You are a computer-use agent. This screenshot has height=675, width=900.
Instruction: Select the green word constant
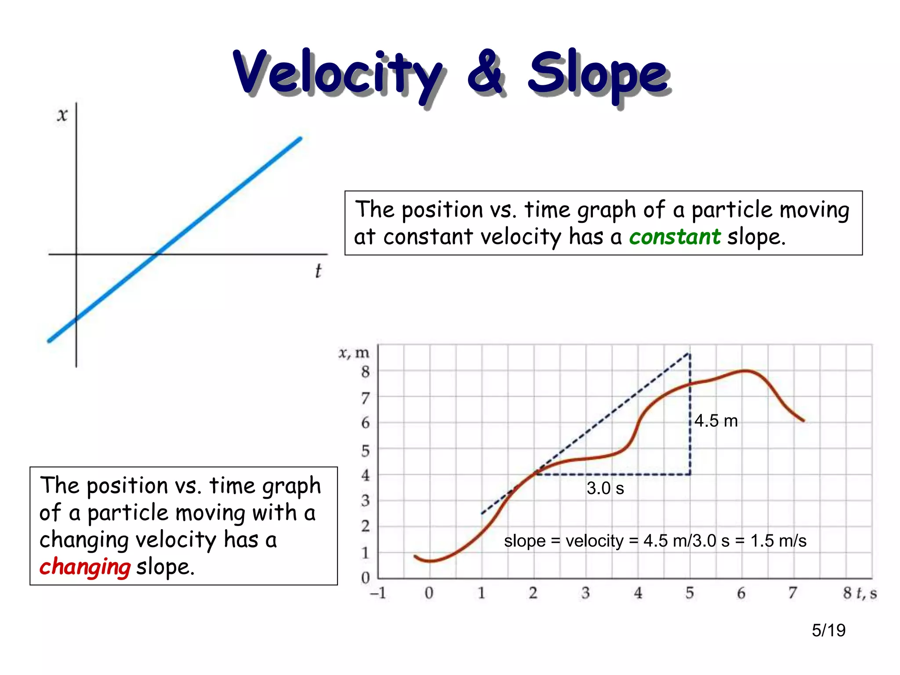click(x=675, y=237)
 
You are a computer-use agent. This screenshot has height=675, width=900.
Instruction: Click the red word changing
click(x=85, y=567)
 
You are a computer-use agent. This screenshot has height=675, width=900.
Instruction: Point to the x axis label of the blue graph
click(x=62, y=115)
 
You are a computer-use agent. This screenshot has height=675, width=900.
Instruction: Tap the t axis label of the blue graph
click(x=318, y=271)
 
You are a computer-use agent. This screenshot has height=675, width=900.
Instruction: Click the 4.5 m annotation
click(x=716, y=421)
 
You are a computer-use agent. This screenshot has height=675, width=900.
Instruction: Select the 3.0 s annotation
click(x=605, y=488)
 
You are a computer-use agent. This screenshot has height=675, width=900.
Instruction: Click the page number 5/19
click(x=828, y=630)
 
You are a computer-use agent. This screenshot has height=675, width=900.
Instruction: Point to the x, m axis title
click(x=354, y=352)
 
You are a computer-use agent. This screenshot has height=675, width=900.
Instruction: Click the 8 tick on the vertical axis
click(x=366, y=372)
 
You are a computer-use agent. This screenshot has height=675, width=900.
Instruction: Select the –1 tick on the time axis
click(x=378, y=593)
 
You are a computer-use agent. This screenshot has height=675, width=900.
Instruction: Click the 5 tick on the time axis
click(x=690, y=593)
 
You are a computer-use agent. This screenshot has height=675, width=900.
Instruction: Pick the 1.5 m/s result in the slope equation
click(x=778, y=541)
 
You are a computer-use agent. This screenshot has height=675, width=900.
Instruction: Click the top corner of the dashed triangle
click(x=689, y=353)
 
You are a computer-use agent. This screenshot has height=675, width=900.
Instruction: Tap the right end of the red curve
click(x=803, y=421)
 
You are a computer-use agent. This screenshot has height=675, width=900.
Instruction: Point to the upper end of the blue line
click(x=300, y=139)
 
